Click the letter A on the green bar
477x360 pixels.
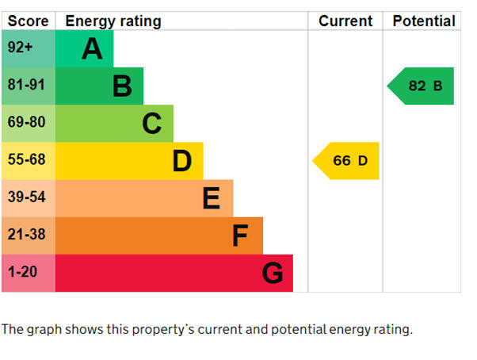pyautogui.click(x=93, y=49)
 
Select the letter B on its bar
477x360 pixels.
pyautogui.click(x=122, y=86)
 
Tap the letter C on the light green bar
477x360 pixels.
pyautogui.click(x=152, y=124)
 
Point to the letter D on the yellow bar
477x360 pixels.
pyautogui.click(x=182, y=161)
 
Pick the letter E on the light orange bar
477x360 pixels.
pyautogui.click(x=212, y=198)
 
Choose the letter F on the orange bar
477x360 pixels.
pyautogui.click(x=241, y=236)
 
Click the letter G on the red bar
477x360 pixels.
pyautogui.click(x=272, y=274)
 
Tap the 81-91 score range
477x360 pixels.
pyautogui.click(x=26, y=86)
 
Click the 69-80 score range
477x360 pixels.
pyautogui.click(x=26, y=123)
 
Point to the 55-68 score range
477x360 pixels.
pyautogui.click(x=26, y=160)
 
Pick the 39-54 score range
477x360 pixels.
pyautogui.click(x=26, y=197)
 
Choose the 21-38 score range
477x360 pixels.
pyautogui.click(x=26, y=235)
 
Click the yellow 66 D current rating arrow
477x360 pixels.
pyautogui.click(x=346, y=161)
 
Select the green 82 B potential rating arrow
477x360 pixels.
pyautogui.click(x=422, y=86)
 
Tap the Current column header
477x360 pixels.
pyautogui.click(x=345, y=21)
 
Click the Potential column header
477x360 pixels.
pyautogui.click(x=424, y=21)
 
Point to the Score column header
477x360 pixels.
pyautogui.click(x=29, y=21)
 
